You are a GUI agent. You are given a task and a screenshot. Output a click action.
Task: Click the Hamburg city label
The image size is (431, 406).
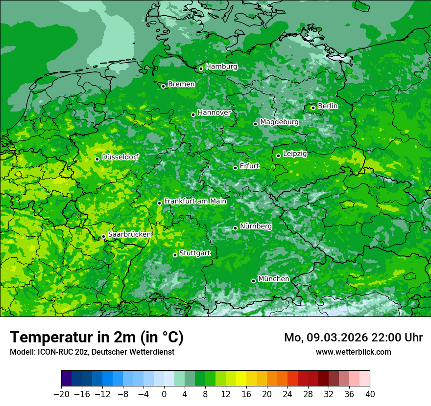click(x=221, y=67)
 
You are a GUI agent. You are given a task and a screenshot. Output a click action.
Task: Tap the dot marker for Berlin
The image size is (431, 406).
click(x=313, y=108)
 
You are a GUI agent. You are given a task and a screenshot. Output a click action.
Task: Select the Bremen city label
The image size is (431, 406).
click(x=181, y=84)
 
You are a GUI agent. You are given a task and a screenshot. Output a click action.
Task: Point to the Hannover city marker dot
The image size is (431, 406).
click(x=193, y=114)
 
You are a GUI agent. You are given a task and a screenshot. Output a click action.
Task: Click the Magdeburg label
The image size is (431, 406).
click(x=279, y=122)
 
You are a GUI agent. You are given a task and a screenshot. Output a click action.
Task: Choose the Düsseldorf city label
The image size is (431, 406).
click(x=120, y=157)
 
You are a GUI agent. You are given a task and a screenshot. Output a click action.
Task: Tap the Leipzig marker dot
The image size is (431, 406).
click(x=278, y=156)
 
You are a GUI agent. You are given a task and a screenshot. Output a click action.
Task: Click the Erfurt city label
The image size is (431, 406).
click(x=249, y=166)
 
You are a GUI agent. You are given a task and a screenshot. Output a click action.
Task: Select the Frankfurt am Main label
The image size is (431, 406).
click(x=195, y=201)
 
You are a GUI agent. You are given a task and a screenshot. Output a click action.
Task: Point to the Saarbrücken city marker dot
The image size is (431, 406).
click(x=103, y=236)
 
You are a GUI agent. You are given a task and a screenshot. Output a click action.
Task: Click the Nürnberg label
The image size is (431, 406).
click(x=256, y=226)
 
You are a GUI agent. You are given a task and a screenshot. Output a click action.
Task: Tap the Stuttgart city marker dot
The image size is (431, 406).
click(x=175, y=255)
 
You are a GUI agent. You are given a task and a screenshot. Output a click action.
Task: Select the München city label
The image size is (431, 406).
click(x=273, y=279)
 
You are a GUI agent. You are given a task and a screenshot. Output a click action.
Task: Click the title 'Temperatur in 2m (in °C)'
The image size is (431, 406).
click(x=96, y=337)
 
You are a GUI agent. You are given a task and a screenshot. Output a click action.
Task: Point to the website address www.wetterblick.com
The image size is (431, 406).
click(x=353, y=352)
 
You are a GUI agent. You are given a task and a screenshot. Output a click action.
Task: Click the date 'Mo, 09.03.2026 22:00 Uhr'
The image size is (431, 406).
click(x=353, y=338)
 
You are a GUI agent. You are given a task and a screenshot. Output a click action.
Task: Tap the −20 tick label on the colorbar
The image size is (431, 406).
click(x=61, y=394)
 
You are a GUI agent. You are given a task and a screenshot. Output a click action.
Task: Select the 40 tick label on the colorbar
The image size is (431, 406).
click(x=370, y=394)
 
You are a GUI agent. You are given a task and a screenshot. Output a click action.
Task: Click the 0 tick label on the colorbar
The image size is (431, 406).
click(x=164, y=394)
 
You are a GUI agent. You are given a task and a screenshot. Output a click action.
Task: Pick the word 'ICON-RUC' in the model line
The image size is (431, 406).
click(x=52, y=352)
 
